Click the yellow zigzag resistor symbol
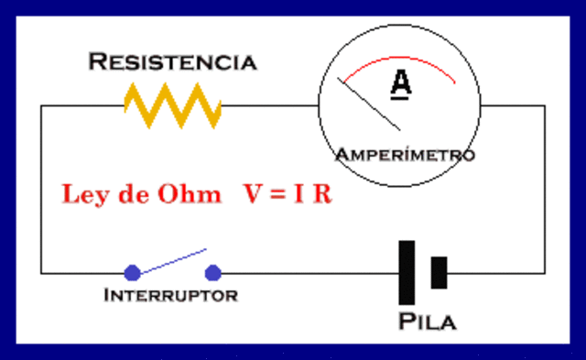coord(172,105)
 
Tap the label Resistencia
coord(172,62)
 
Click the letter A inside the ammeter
coord(401,83)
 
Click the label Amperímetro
coord(405,154)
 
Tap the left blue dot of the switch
coord(132,272)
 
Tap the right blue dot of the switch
coord(213,272)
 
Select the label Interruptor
coord(170,295)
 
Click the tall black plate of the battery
coord(407,272)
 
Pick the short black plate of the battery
coord(439,272)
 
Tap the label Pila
coord(428,322)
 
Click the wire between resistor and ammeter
coord(270,105)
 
